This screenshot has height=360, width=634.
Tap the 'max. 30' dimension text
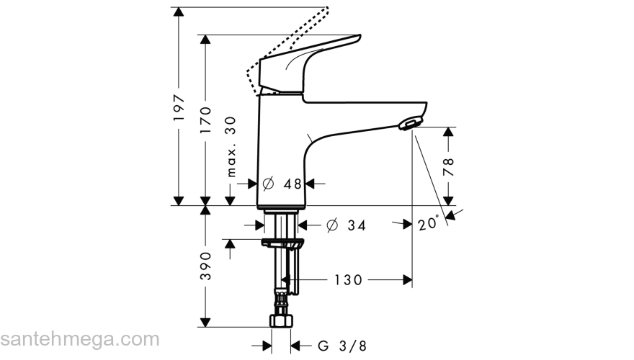pos(231,147)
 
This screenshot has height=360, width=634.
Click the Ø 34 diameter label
pos(347,225)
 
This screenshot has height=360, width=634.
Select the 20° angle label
pos(428,224)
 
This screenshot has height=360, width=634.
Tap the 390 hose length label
pos(206,267)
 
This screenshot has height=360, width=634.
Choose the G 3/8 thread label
pos(336,346)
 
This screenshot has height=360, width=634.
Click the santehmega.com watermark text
pos(79,339)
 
